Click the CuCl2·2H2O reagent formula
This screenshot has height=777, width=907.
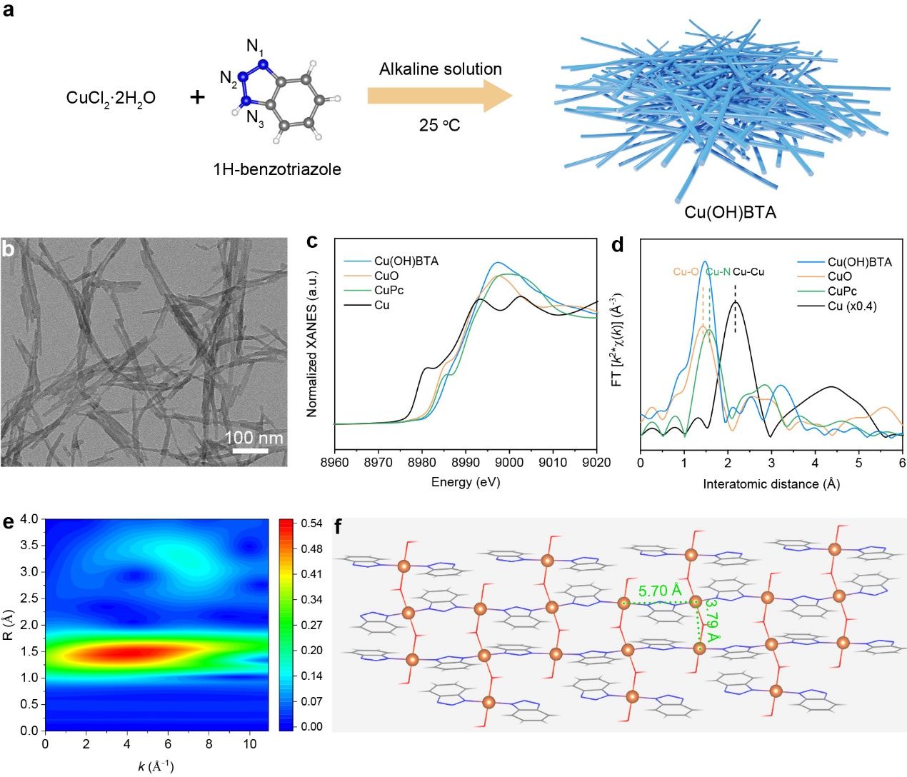click(111, 98)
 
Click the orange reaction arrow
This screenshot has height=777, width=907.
click(439, 96)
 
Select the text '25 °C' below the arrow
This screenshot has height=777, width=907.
click(439, 126)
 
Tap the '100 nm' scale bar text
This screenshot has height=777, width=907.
click(254, 437)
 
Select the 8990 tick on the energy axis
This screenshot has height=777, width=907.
click(466, 462)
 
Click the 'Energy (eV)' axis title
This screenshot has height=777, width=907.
click(466, 482)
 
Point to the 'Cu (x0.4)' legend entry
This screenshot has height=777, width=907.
click(852, 306)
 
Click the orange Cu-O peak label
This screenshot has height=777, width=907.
click(686, 272)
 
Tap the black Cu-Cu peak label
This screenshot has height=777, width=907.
click(748, 272)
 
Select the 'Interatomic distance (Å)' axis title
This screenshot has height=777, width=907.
click(771, 484)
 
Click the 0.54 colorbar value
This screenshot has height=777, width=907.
click(311, 523)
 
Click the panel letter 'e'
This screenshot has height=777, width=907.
click(9, 523)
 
